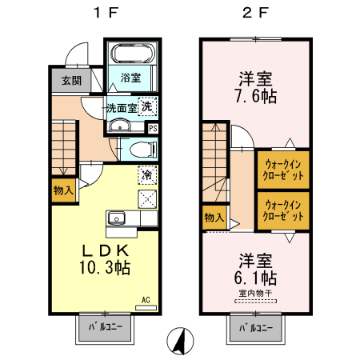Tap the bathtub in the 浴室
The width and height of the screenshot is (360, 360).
[131, 56]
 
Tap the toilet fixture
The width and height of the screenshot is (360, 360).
[140, 150]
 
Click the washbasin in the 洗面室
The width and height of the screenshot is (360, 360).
[120, 126]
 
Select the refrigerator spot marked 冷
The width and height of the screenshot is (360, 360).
[147, 174]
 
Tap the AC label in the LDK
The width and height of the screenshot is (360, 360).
[146, 300]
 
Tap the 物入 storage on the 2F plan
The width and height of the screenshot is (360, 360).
[214, 217]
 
